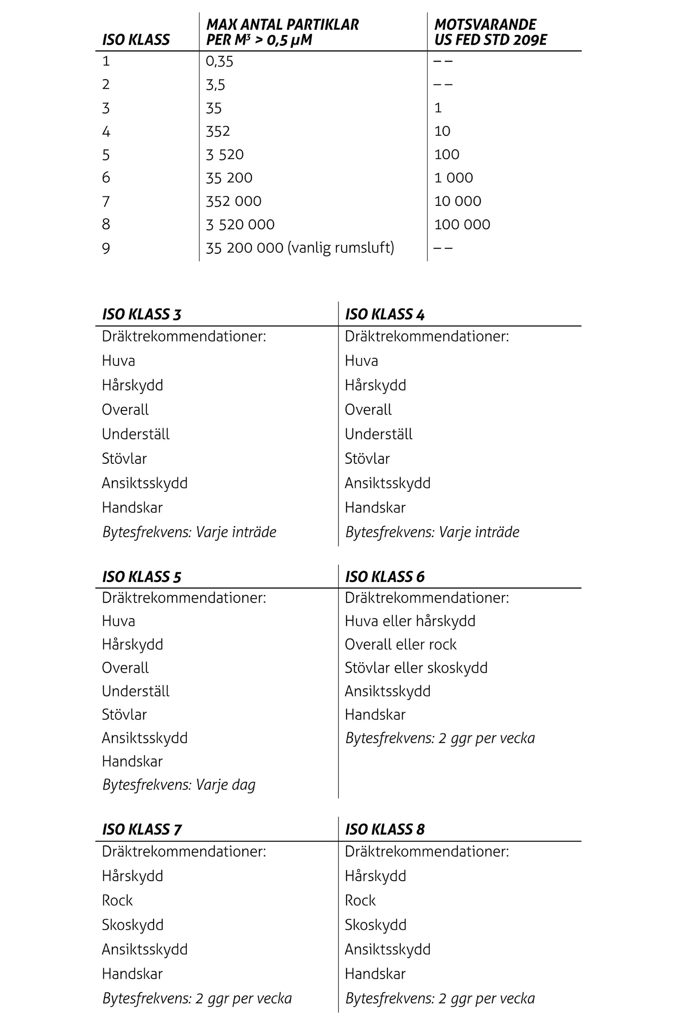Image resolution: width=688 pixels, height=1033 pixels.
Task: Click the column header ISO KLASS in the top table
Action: (x=136, y=40)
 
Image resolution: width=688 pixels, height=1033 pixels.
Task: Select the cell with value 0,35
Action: (x=219, y=61)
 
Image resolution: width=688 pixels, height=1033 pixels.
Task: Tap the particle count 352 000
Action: (x=233, y=201)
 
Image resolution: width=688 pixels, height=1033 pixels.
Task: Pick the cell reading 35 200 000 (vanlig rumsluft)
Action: (x=300, y=247)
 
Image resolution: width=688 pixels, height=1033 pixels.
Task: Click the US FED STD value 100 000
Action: (x=462, y=224)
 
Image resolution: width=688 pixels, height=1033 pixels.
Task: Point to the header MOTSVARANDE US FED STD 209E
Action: (x=490, y=32)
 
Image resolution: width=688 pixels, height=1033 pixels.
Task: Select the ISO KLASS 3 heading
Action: (x=142, y=315)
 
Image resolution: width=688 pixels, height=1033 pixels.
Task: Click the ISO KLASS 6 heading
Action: (x=384, y=577)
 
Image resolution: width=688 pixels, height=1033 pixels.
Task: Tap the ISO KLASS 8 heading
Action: (x=384, y=829)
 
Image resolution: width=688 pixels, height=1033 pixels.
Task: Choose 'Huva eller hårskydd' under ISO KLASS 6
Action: (x=410, y=621)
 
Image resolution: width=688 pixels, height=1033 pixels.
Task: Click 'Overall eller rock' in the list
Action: (x=400, y=644)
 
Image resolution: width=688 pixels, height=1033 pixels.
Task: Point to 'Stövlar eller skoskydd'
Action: (x=416, y=668)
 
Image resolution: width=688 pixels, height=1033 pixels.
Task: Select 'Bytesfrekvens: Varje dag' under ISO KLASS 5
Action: (x=179, y=785)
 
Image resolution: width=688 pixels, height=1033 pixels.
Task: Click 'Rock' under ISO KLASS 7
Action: (x=117, y=900)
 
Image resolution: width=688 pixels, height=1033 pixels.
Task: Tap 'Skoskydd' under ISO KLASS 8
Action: (x=375, y=925)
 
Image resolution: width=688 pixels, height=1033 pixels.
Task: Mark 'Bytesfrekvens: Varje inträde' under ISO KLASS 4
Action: (x=432, y=532)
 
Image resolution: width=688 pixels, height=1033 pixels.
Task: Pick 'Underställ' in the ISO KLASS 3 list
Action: (x=135, y=434)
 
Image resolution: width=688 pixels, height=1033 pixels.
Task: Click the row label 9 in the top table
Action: (x=106, y=248)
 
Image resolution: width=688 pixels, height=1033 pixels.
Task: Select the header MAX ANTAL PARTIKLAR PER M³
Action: (x=282, y=32)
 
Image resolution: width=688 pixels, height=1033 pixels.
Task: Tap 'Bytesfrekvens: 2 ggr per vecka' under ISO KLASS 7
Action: (x=197, y=998)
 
